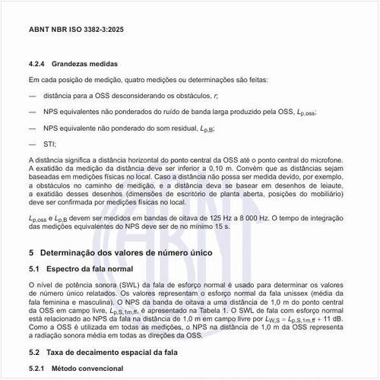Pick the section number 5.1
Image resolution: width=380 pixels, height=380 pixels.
coord(35,269)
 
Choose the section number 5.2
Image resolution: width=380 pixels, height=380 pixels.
coord(35,353)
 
